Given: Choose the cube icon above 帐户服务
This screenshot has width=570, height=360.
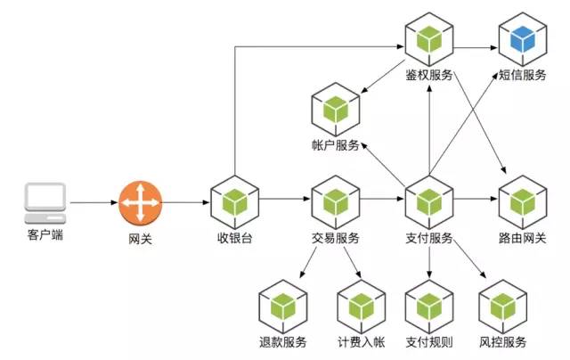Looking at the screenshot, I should point(335,109).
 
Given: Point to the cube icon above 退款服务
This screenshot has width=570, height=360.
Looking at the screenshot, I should point(283,307).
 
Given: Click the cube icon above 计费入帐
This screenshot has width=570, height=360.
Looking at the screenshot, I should point(361,307).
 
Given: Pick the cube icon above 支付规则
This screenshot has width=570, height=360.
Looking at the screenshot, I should point(430,307).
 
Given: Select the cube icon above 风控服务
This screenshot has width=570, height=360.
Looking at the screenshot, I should point(504,307).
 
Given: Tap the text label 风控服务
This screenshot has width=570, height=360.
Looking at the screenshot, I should point(504,342).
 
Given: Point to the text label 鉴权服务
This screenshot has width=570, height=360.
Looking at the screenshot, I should point(429,75).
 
